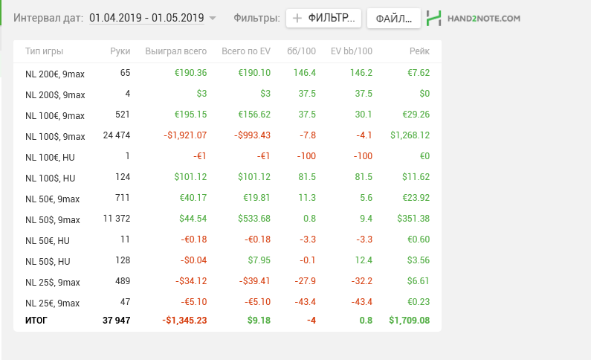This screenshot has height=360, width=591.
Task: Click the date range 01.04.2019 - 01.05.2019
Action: pos(146,18)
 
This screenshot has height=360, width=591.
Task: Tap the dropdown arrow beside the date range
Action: pos(213,18)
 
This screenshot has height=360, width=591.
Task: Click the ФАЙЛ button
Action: pos(394,18)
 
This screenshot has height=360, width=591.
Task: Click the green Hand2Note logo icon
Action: pos(434,18)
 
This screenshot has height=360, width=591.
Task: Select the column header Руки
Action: pos(120,51)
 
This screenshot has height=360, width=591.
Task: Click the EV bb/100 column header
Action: pos(352,51)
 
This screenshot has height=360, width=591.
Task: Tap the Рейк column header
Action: pos(419,51)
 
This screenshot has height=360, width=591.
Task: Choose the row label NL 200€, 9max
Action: pos(55,74)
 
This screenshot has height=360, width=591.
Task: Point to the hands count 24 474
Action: pos(117,135)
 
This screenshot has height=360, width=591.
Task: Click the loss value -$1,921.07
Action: pos(185,135)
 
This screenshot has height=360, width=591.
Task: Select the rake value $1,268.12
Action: pos(410,135)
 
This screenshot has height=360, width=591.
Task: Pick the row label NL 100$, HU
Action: pos(50,178)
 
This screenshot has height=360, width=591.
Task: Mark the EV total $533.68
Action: pos(254,218)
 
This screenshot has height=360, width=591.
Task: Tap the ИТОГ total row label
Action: pos(36,321)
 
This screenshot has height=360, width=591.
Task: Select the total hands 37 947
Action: pos(117,321)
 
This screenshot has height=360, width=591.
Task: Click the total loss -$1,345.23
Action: pos(184,321)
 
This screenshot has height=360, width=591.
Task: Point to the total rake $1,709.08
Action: pos(410,321)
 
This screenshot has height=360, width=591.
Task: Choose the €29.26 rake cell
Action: pos(416,115)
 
